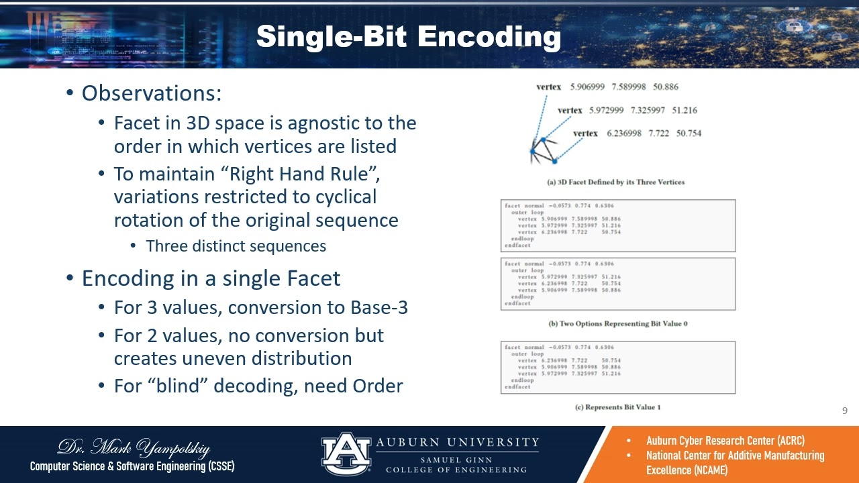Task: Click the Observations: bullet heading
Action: [x=151, y=93]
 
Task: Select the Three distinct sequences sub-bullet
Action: [x=236, y=246]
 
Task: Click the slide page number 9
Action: [x=845, y=411]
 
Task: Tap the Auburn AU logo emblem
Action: [x=346, y=454]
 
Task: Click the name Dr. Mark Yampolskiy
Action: [x=133, y=447]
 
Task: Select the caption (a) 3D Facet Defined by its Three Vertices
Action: [x=616, y=182]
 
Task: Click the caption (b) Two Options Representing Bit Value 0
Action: [x=617, y=323]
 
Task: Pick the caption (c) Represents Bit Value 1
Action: [x=617, y=407]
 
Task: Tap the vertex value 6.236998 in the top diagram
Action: [x=624, y=133]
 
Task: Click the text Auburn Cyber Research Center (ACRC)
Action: [x=725, y=441]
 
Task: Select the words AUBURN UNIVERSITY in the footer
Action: [x=457, y=442]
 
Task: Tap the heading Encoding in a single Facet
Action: [x=211, y=278]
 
